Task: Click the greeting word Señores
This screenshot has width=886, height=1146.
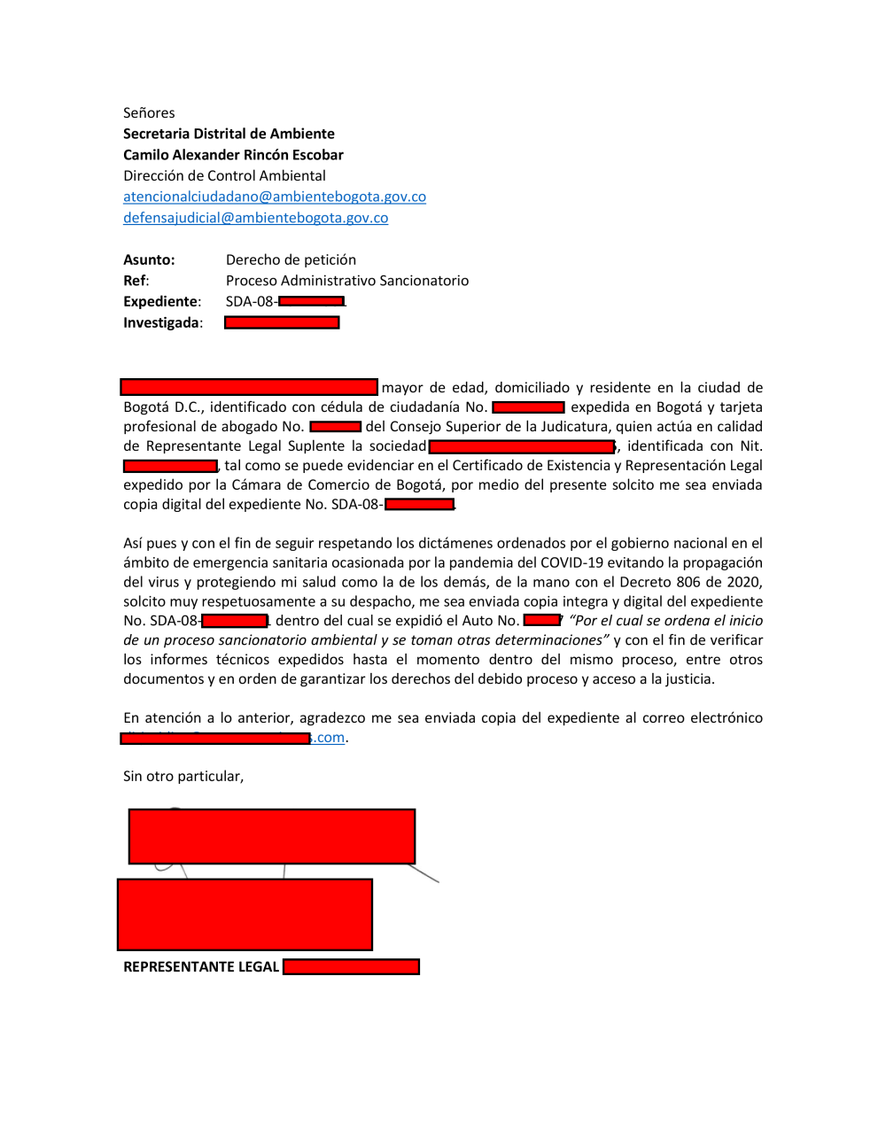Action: [149, 112]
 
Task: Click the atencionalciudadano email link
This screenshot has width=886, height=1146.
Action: [275, 197]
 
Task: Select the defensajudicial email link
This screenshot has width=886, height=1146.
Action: [255, 218]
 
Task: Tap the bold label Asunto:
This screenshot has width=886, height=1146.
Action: [149, 259]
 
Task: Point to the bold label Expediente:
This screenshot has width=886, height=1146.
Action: [162, 302]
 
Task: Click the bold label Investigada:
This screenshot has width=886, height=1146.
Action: [163, 323]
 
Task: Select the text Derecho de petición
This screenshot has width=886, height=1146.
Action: [291, 259]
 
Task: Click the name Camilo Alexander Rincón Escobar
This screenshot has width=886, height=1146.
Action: [233, 155]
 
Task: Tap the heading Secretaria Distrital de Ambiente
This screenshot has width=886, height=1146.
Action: [229, 134]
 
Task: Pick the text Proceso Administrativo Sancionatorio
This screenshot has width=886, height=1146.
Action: [347, 281]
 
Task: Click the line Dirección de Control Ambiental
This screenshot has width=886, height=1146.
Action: [224, 175]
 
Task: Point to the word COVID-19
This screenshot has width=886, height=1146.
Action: [571, 562]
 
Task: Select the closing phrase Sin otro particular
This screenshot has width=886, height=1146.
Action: [183, 777]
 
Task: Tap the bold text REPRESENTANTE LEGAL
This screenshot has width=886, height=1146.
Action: [201, 967]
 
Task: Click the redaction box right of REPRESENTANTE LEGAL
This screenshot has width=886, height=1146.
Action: [351, 967]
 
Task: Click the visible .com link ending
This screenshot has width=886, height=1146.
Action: [330, 738]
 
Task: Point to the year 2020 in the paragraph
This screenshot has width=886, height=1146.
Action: [744, 582]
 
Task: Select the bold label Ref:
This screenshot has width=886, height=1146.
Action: [136, 281]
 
